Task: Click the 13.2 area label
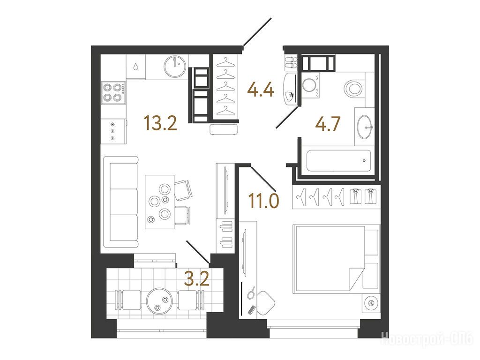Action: click(160, 123)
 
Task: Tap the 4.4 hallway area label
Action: click(261, 90)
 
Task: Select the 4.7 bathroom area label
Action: click(328, 124)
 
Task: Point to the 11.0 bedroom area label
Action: click(263, 201)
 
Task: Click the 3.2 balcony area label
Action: click(197, 278)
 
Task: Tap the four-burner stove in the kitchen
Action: click(113, 93)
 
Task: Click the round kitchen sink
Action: click(174, 66)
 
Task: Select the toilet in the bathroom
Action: click(354, 88)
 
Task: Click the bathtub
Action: click(339, 161)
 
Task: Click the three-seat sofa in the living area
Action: click(121, 202)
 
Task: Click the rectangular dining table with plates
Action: click(159, 202)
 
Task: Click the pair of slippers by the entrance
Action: click(291, 62)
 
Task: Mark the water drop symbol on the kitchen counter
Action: click(135, 67)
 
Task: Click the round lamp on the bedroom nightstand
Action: click(371, 303)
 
